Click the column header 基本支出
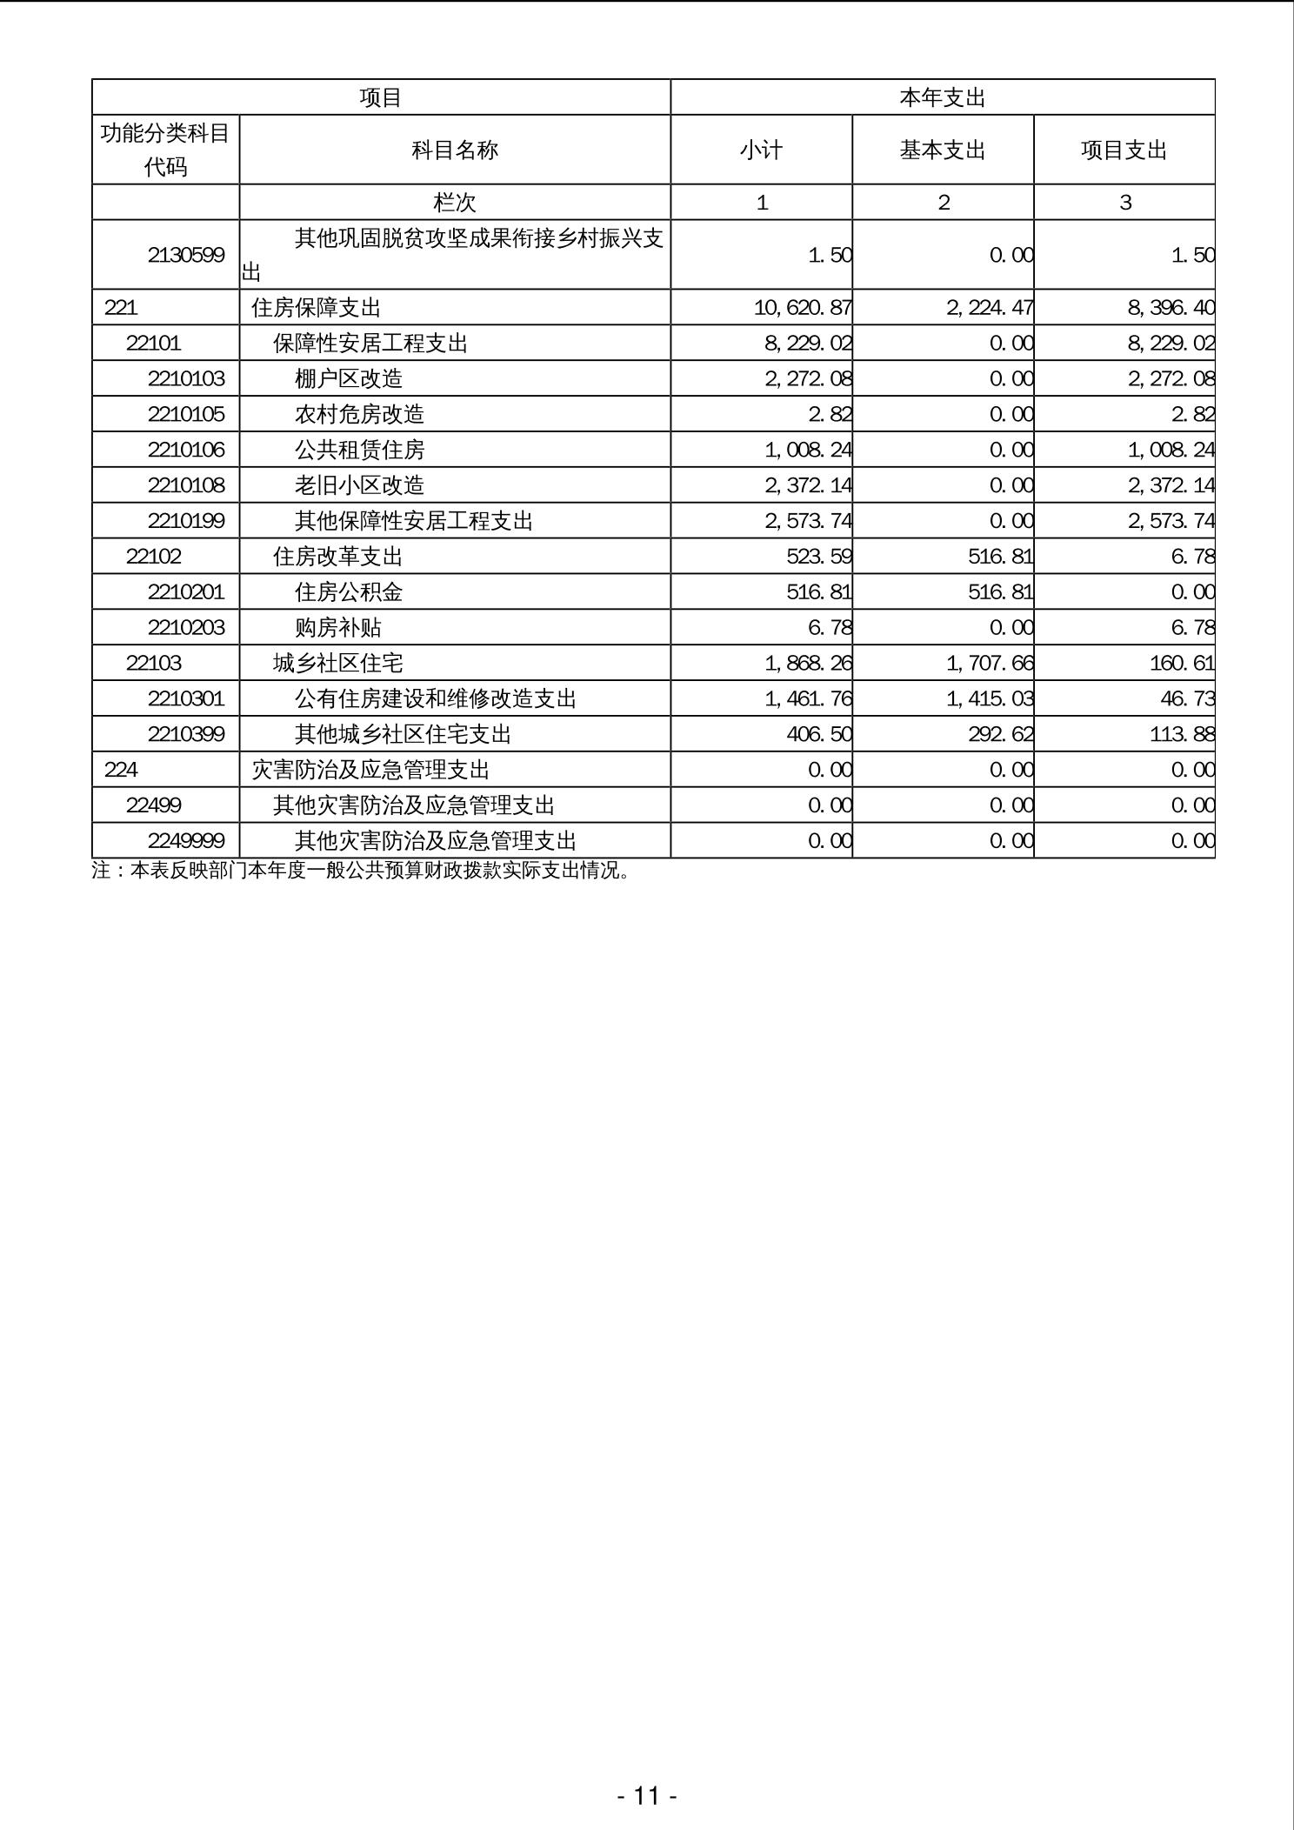pos(943,150)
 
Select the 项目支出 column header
pos(1124,150)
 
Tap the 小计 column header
pos(761,150)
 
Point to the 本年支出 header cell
pos(943,97)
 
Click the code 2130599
pos(186,255)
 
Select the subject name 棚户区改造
pos(349,378)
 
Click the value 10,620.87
pos(803,308)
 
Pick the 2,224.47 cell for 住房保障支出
pos(990,308)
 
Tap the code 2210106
pos(186,450)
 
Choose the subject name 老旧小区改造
pos(359,485)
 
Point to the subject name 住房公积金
pos(349,592)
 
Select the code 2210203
pos(186,628)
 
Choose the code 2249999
pos(186,841)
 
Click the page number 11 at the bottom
pos(647,1795)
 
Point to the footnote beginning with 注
pos(361,871)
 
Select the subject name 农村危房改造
pos(359,414)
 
